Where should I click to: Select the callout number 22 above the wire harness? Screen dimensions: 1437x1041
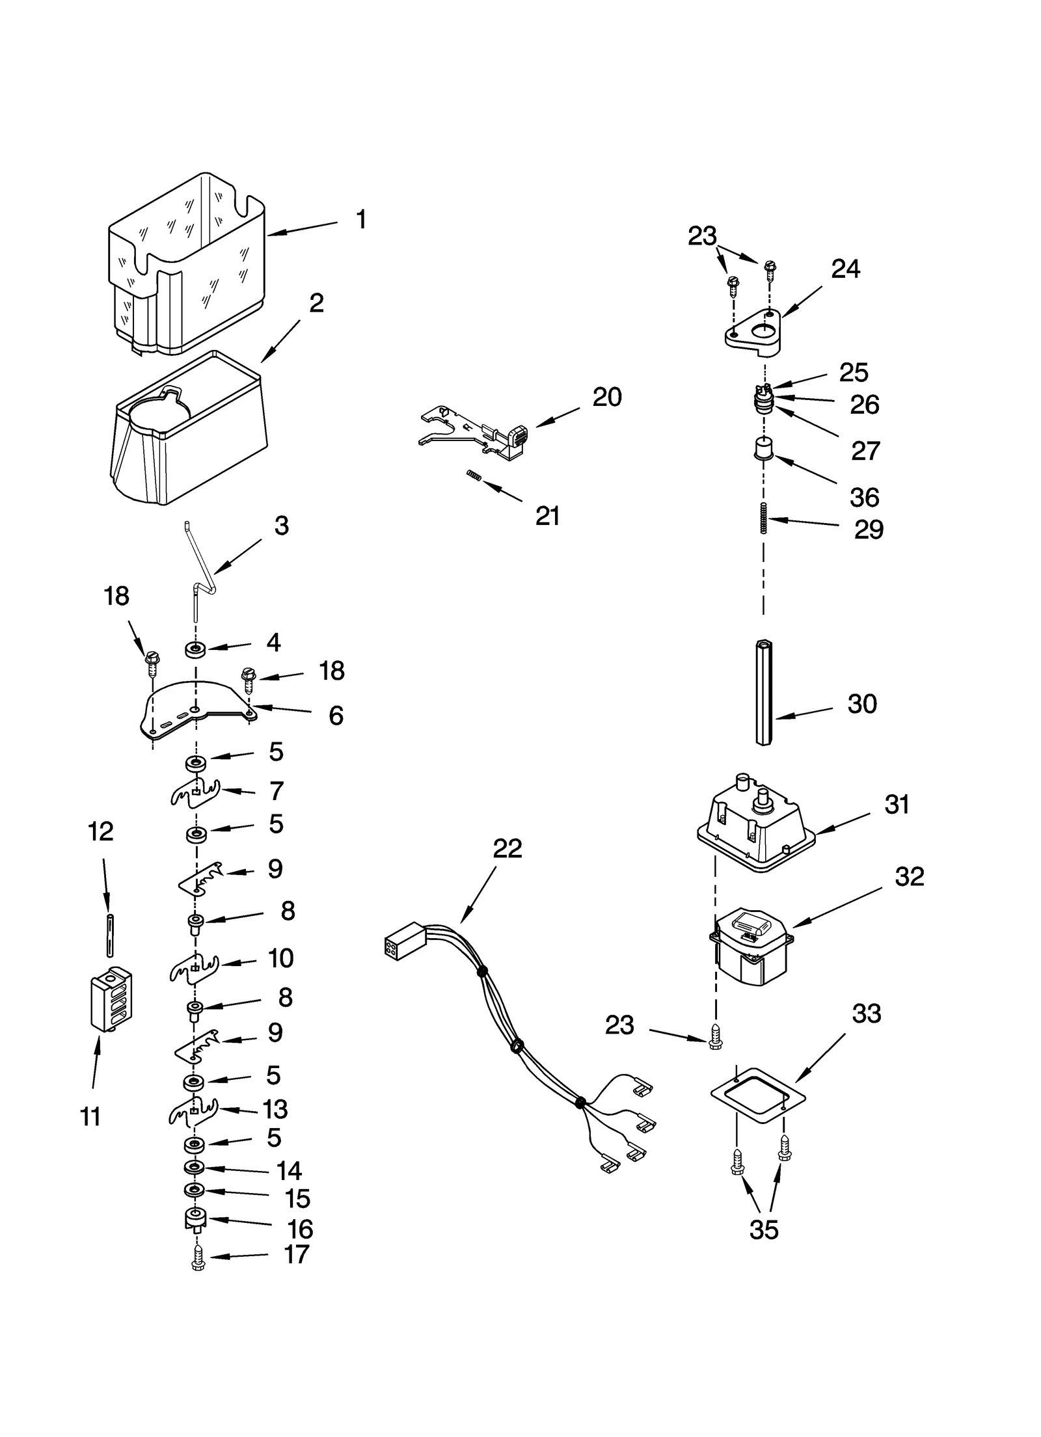pyautogui.click(x=507, y=848)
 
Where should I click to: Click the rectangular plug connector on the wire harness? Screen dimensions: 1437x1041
pyautogui.click(x=404, y=940)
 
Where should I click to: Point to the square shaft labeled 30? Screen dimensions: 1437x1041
pyautogui.click(x=764, y=693)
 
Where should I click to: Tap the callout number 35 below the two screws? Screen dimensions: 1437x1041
pyautogui.click(x=763, y=1229)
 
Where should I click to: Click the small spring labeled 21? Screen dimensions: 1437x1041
pyautogui.click(x=474, y=477)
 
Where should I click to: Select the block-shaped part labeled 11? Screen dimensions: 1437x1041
pyautogui.click(x=111, y=999)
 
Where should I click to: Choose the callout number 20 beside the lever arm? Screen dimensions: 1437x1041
pyautogui.click(x=606, y=396)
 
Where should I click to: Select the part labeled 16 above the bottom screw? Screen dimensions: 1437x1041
pyautogui.click(x=195, y=1218)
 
